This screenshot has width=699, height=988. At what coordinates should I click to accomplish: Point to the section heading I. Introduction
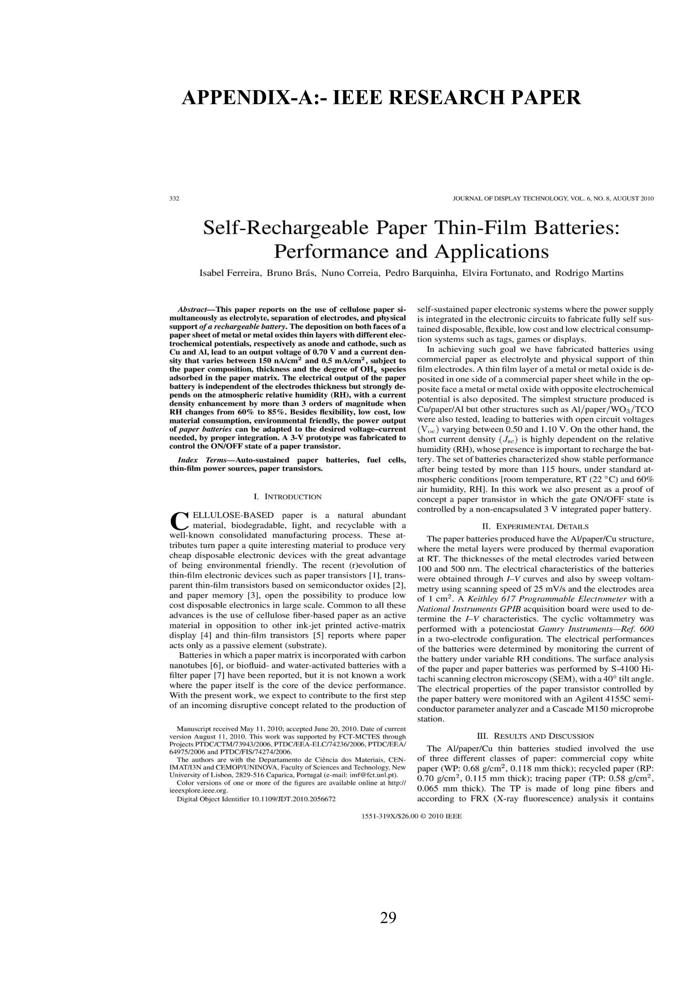pyautogui.click(x=287, y=497)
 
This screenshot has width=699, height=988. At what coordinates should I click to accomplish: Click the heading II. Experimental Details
pyautogui.click(x=535, y=526)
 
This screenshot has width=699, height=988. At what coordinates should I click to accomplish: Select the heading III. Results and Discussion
pyautogui.click(x=535, y=736)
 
